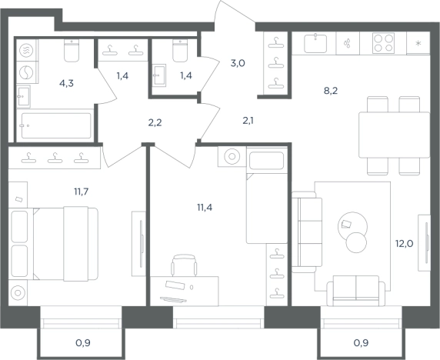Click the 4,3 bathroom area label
[x=66, y=83]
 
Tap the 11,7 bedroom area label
[x=81, y=192]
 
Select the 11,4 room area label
[x=205, y=208]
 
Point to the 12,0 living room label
[x=405, y=244]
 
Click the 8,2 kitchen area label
[x=331, y=91]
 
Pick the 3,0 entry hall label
[x=238, y=63]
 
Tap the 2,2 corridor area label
[x=155, y=122]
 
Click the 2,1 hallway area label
[x=248, y=121]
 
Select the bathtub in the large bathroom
[x=56, y=125]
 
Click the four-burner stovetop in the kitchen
[x=383, y=43]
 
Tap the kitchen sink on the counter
[x=315, y=43]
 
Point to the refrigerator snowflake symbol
[x=418, y=44]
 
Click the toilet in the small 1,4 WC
[x=180, y=51]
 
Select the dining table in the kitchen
[x=395, y=135]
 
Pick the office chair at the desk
[x=184, y=265]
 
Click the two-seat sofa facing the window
[x=356, y=291]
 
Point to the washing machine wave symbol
[x=26, y=51]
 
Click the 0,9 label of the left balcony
[x=83, y=342]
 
